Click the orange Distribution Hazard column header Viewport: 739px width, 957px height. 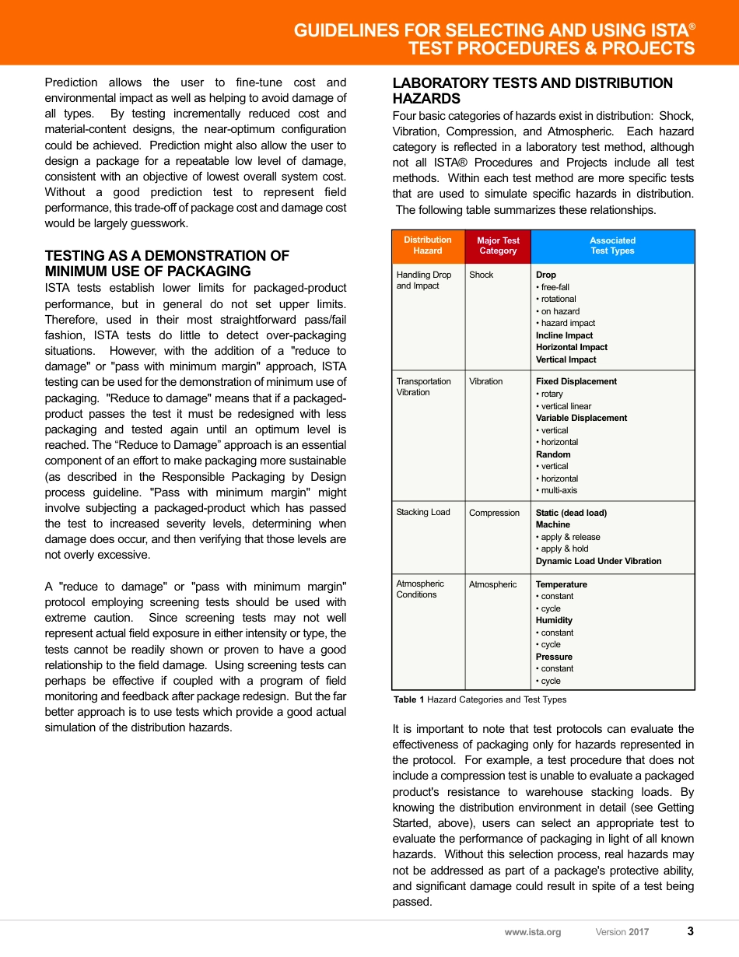[428, 246]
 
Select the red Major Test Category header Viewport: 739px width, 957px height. [498, 246]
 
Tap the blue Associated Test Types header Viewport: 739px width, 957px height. [612, 246]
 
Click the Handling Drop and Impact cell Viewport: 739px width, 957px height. [424, 280]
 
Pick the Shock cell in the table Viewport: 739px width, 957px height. [482, 275]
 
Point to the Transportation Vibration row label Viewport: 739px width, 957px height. [424, 387]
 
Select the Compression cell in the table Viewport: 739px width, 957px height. [494, 513]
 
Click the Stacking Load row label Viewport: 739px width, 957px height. [423, 512]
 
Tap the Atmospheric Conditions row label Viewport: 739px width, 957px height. [421, 589]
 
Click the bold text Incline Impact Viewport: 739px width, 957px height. [564, 335]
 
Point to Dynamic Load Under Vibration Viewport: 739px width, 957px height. [598, 561]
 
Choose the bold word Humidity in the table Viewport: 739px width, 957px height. [554, 620]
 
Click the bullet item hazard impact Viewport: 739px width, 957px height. [568, 323]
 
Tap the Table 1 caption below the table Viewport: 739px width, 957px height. [480, 699]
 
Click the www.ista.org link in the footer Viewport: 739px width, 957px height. [532, 932]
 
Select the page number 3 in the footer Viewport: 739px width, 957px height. [690, 931]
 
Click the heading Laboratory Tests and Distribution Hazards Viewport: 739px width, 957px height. [533, 91]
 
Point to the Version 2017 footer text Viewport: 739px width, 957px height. [622, 932]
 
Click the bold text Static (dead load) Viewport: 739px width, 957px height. [571, 513]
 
